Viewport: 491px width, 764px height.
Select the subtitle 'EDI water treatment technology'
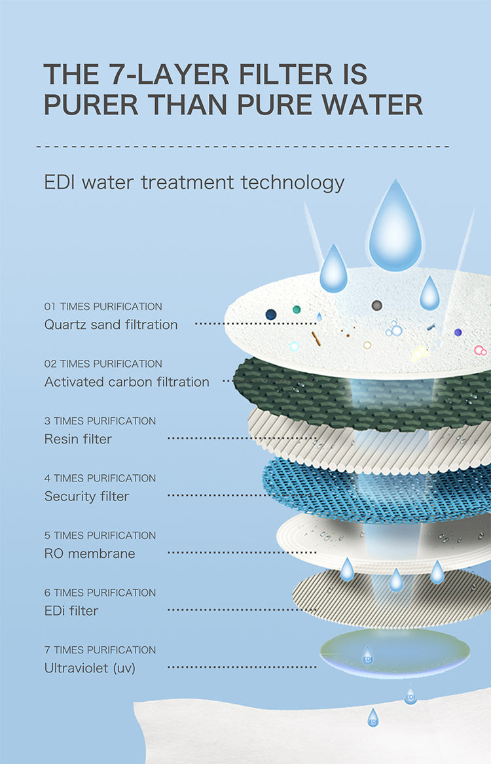click(194, 182)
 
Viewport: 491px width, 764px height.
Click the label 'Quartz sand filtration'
click(111, 324)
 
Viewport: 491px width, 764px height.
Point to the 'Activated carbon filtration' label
click(127, 381)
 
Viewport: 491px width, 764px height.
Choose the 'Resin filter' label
click(78, 439)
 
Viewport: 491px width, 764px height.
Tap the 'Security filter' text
click(87, 496)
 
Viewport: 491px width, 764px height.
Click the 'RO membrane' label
click(90, 553)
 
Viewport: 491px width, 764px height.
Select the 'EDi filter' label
click(71, 610)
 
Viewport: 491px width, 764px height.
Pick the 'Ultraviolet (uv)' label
click(90, 668)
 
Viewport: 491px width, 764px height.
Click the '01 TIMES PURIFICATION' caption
click(103, 307)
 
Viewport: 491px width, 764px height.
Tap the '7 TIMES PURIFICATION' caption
click(100, 650)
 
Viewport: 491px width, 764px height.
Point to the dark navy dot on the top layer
click(271, 314)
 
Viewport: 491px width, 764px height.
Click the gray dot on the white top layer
click(376, 305)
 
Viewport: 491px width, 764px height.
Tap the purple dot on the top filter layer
click(458, 332)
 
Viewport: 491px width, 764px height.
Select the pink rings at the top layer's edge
click(481, 351)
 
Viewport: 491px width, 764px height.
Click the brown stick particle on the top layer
click(316, 339)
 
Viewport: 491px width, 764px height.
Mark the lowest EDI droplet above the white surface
click(373, 717)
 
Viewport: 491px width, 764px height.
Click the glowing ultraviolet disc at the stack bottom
click(395, 653)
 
